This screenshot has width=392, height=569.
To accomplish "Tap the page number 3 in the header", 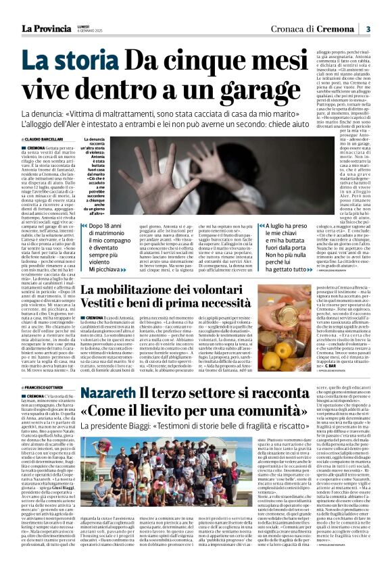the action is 368,28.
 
